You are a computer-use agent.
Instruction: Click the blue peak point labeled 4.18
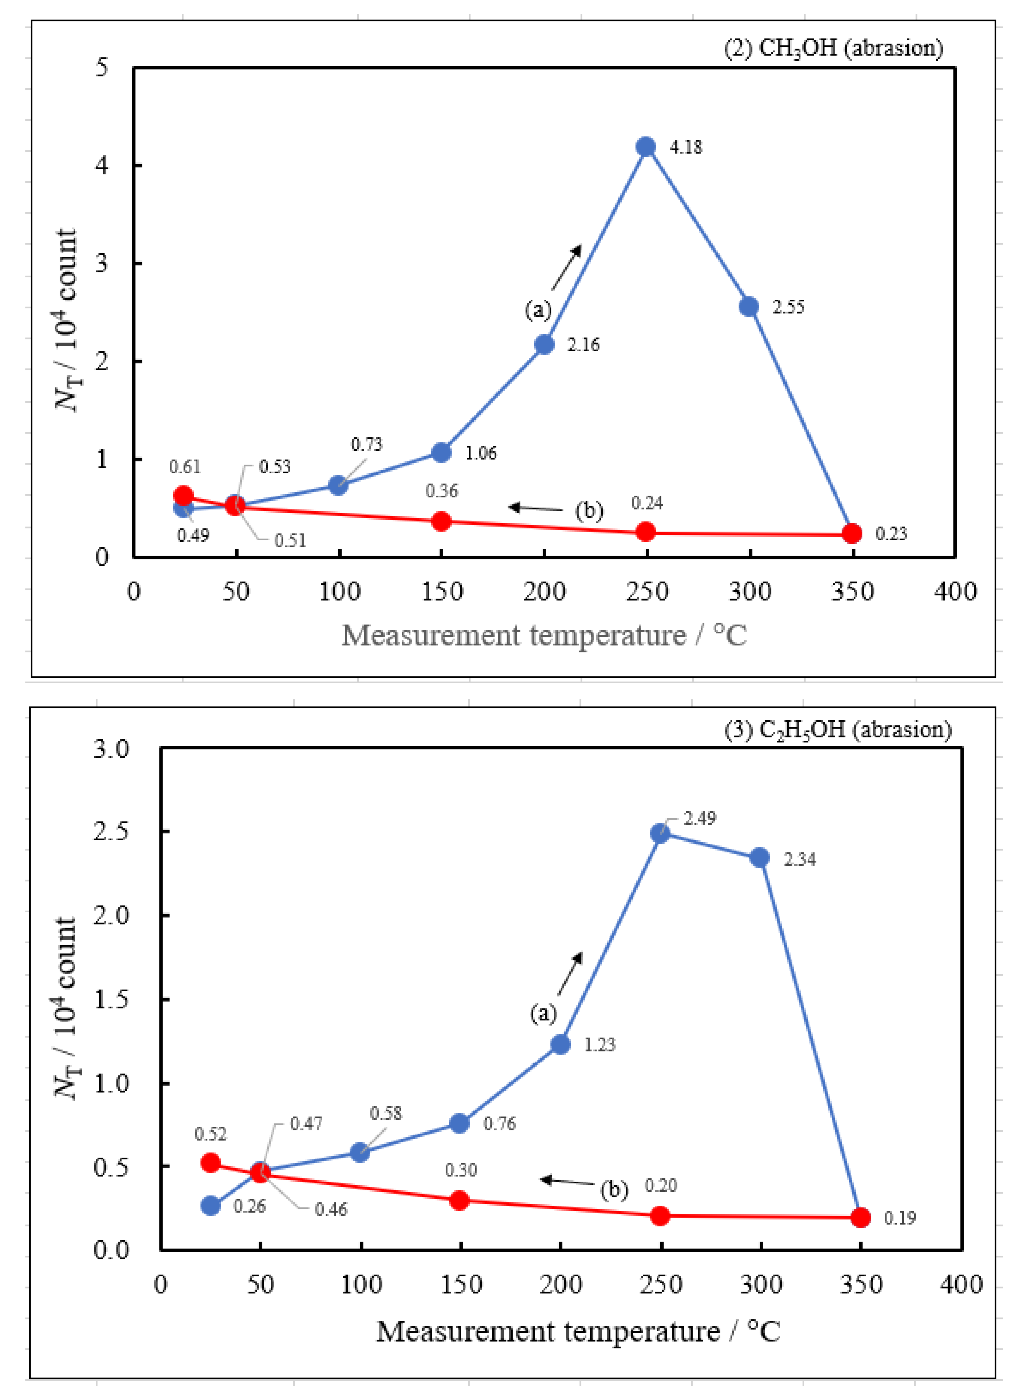(646, 147)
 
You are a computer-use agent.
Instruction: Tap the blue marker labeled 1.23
(560, 1045)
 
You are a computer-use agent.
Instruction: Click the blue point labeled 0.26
(211, 1205)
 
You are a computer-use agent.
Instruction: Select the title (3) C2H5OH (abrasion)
(837, 730)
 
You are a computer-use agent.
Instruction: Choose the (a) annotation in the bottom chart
(543, 1013)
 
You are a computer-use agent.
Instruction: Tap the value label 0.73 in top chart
(367, 444)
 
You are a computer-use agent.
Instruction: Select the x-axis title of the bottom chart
(578, 1332)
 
